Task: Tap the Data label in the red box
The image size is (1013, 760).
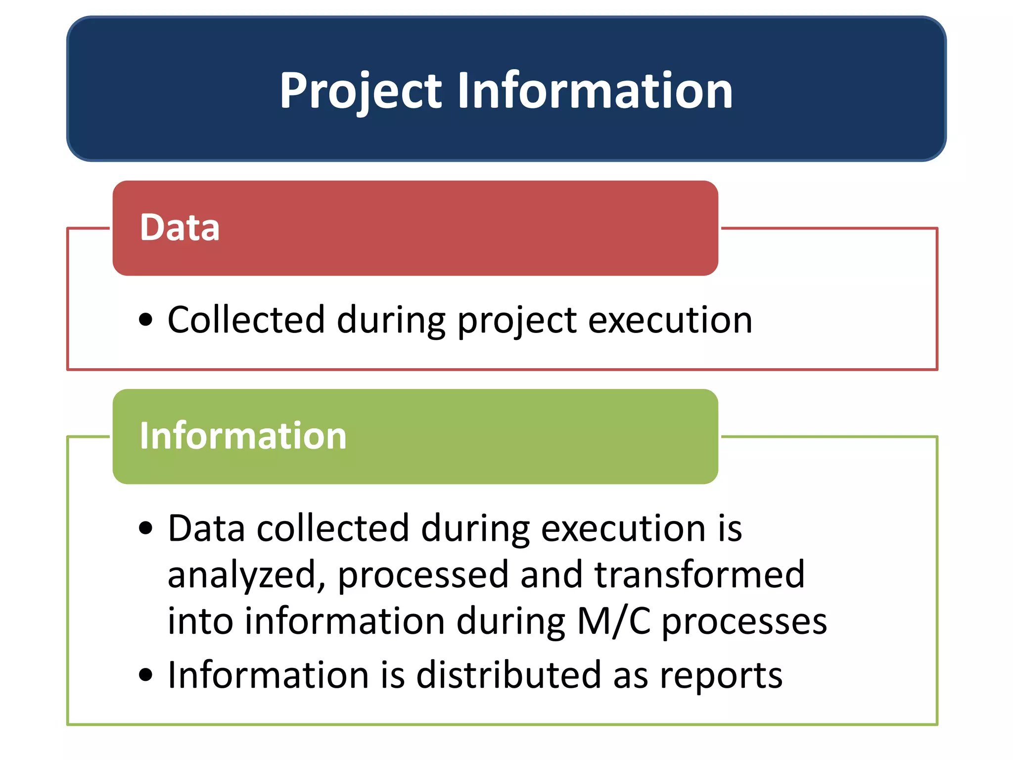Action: coord(180,228)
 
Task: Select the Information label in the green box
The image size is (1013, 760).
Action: coord(243,436)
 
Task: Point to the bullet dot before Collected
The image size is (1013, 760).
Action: coord(145,320)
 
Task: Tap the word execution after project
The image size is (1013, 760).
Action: coord(670,320)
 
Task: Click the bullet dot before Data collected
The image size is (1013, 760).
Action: coord(145,528)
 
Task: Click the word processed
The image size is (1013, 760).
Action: coord(423,575)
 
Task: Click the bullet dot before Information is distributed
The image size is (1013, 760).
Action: coord(145,675)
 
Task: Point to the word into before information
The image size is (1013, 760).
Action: coord(200,621)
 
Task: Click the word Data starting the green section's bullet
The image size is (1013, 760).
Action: coord(206,528)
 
